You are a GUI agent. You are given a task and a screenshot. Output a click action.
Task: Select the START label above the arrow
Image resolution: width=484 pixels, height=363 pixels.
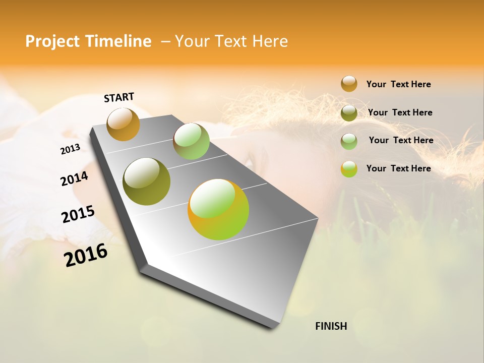(x=119, y=97)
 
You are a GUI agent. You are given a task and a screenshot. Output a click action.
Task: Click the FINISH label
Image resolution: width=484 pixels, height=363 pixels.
(x=331, y=326)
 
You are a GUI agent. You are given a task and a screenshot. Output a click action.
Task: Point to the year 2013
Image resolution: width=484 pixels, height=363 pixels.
(x=70, y=149)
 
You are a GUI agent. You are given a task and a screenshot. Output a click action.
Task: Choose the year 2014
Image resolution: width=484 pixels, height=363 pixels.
(x=74, y=178)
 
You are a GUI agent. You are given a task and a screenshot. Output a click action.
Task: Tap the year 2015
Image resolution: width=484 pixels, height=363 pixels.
(x=78, y=214)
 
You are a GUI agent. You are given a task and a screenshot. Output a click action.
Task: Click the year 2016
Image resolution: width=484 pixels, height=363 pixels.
(x=86, y=255)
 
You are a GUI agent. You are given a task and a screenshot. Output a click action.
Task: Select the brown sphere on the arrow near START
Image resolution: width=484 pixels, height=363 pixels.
(x=123, y=124)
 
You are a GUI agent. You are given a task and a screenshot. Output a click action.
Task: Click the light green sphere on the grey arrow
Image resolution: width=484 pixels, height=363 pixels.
(x=191, y=141)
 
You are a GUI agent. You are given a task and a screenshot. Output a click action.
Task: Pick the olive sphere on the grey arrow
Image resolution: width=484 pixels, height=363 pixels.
(x=146, y=181)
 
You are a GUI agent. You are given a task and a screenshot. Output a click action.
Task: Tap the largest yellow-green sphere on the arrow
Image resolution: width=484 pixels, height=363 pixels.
(x=218, y=209)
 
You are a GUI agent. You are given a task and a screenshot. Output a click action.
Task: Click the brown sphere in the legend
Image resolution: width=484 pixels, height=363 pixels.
(x=349, y=84)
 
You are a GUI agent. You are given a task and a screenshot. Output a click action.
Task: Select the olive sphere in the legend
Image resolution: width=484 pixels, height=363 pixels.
(x=349, y=112)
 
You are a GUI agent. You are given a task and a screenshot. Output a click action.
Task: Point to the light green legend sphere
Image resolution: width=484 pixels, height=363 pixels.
(x=349, y=141)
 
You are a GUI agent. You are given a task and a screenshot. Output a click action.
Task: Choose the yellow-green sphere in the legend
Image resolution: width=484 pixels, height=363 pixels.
(x=349, y=169)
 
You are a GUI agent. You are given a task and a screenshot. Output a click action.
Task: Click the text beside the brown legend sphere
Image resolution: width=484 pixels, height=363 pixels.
(x=398, y=84)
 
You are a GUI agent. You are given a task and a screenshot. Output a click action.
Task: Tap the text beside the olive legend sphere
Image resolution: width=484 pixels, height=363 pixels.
(x=400, y=112)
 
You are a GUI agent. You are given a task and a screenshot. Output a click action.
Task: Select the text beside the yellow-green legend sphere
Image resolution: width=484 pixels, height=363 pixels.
(x=398, y=168)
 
